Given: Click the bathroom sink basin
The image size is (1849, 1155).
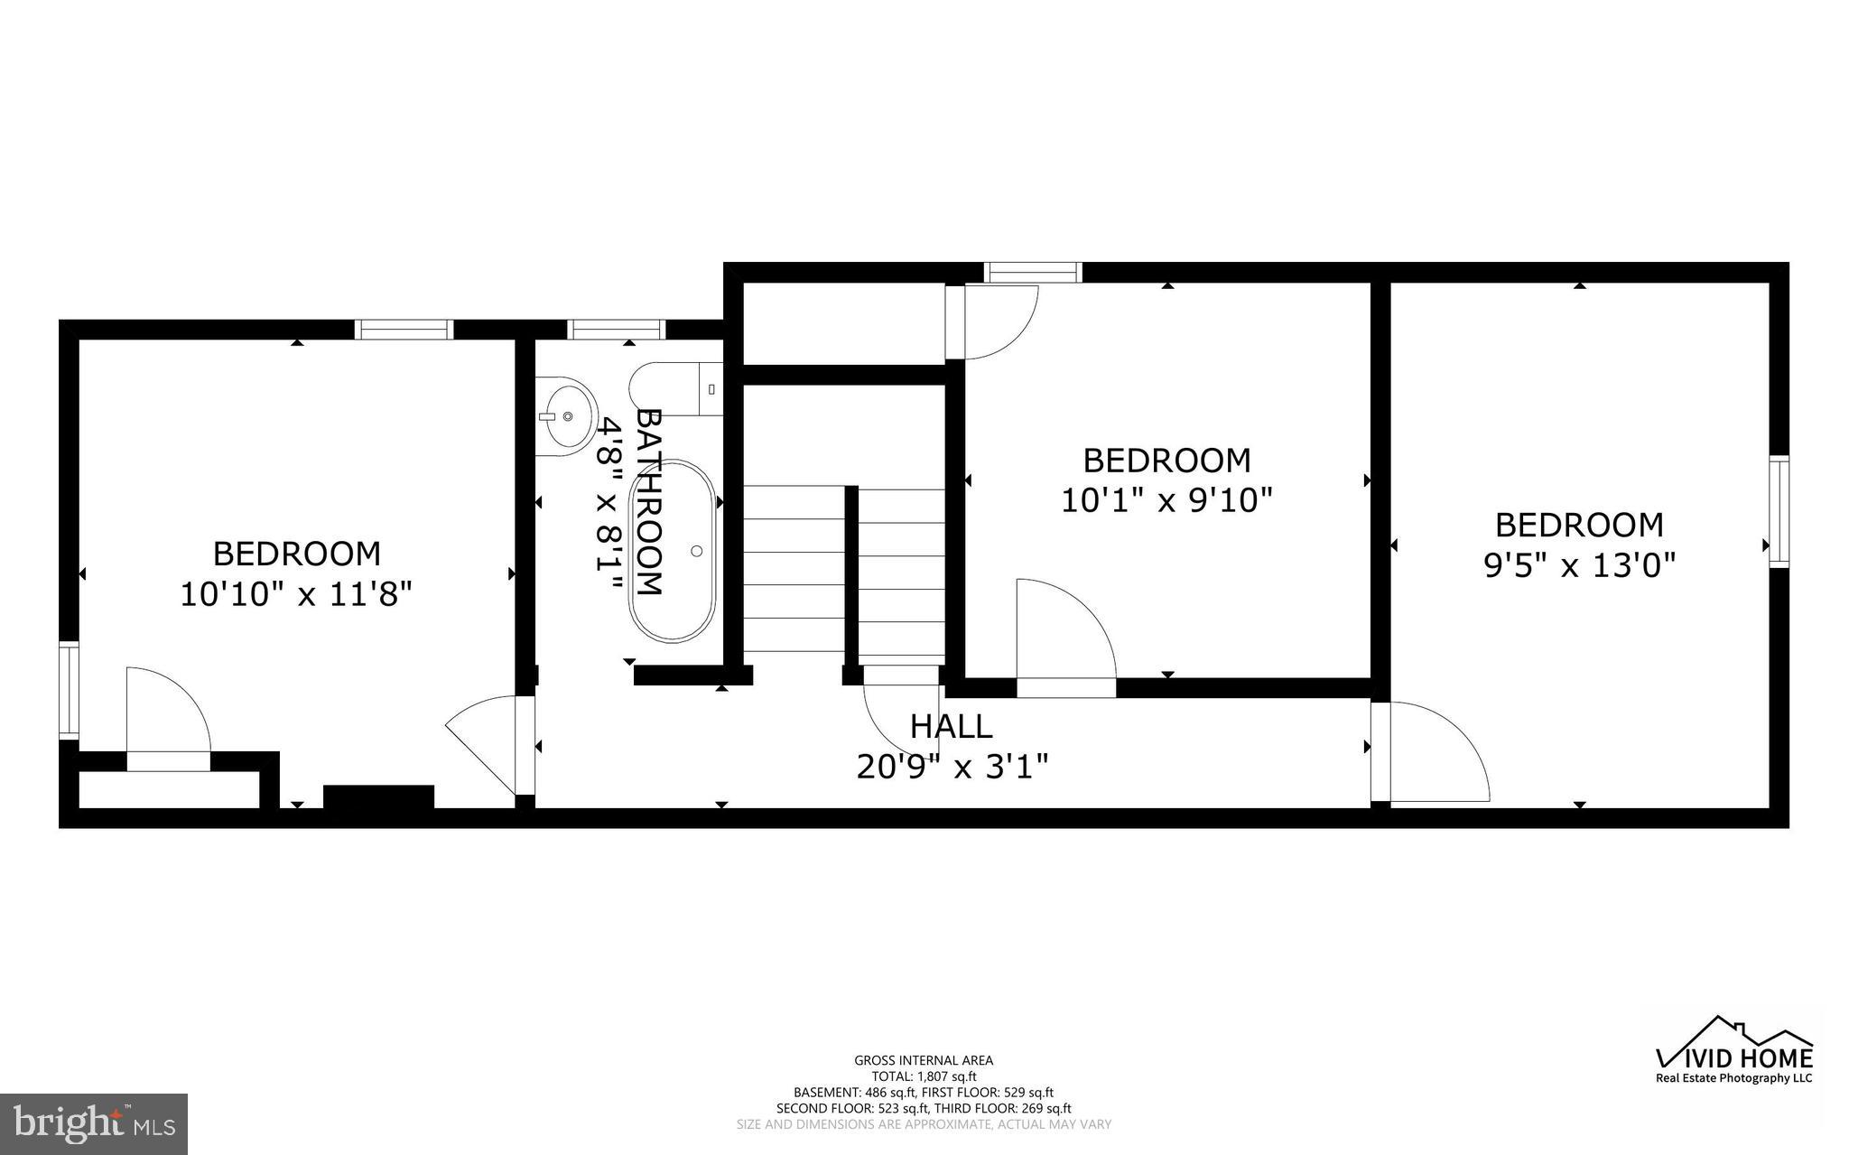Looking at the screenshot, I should tap(568, 416).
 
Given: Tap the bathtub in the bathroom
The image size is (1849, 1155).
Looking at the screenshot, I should tap(674, 552).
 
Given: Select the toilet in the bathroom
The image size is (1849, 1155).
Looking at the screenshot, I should tap(675, 389).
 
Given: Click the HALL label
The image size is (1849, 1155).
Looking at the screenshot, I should tap(951, 726).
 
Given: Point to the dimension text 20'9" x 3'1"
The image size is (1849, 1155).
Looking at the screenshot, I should tap(952, 767).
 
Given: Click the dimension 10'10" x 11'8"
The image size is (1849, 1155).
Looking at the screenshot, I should tap(296, 594).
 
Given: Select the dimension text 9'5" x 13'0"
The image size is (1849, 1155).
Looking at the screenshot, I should tap(1579, 565).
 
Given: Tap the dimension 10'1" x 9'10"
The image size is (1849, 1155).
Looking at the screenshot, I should tap(1166, 500).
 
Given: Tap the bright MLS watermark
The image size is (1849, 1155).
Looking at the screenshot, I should tap(94, 1122).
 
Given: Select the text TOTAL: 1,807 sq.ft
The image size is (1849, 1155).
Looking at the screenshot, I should tap(924, 1076).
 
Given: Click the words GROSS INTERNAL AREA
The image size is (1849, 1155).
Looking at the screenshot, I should tap(924, 1060).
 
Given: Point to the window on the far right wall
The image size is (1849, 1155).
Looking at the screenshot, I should tap(1778, 511).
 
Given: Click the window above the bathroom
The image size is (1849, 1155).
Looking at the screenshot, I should tap(618, 330).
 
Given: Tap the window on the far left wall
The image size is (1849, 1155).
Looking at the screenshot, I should tap(69, 688).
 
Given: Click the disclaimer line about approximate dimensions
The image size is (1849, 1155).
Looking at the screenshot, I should tap(924, 1124).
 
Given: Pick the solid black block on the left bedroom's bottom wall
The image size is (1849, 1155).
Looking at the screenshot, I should tap(378, 796).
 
